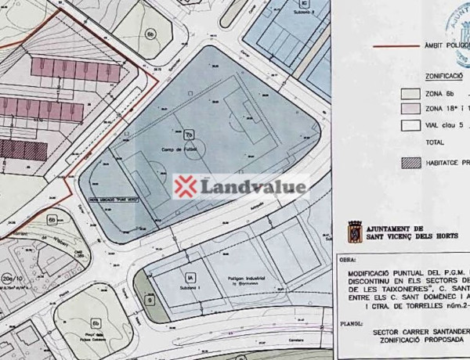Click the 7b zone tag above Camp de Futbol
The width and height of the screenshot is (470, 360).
[x=189, y=135]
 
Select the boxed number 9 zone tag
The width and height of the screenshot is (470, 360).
[x=149, y=300]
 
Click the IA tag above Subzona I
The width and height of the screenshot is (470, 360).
[x=189, y=276]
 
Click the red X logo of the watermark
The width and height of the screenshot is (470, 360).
[x=185, y=186]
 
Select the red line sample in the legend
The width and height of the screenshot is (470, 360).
[x=397, y=47]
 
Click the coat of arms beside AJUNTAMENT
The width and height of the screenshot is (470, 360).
[x=354, y=232]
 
